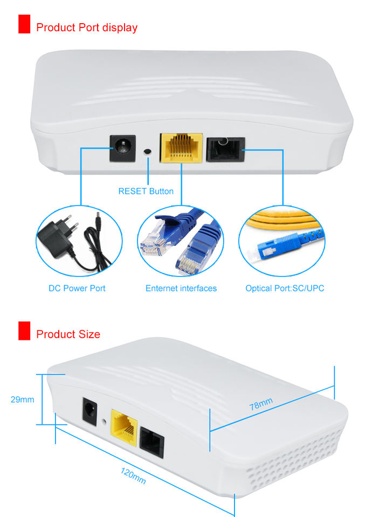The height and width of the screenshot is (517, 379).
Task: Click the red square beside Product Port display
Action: click(24, 25)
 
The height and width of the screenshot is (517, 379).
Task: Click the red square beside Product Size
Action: click(24, 331)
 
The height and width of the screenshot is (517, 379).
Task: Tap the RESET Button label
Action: click(146, 191)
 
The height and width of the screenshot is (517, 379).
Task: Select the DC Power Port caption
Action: click(77, 288)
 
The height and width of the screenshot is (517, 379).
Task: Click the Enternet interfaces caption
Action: click(181, 288)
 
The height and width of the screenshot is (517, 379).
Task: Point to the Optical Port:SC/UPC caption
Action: click(285, 288)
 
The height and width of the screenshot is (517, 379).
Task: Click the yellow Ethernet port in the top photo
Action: click(181, 147)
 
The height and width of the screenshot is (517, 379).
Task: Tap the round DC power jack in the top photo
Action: click(122, 147)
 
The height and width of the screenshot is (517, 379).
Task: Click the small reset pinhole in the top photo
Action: click(148, 152)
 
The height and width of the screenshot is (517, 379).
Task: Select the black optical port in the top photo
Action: click(225, 148)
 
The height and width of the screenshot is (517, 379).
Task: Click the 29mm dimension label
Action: click(22, 400)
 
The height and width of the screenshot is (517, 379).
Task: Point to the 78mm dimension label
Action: click(261, 404)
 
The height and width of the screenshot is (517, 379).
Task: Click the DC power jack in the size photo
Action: click(87, 411)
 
